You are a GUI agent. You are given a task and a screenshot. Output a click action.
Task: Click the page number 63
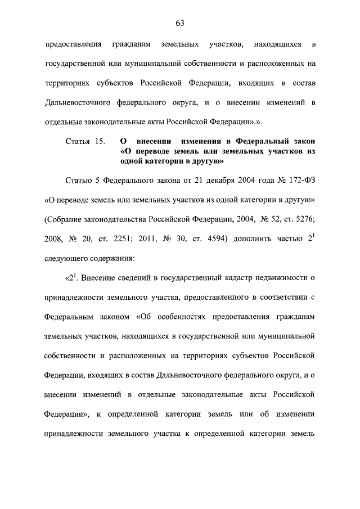tap(180, 22)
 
